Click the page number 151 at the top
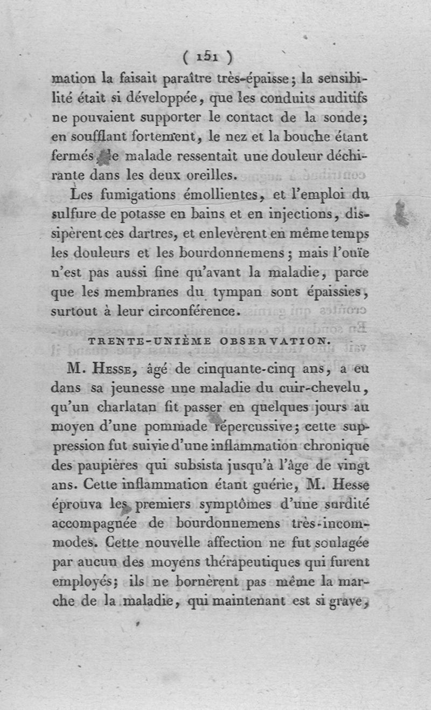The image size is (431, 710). click(x=207, y=56)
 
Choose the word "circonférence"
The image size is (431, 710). click(x=187, y=311)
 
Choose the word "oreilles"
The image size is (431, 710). click(x=206, y=174)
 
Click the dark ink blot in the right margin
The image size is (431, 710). click(x=401, y=212)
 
